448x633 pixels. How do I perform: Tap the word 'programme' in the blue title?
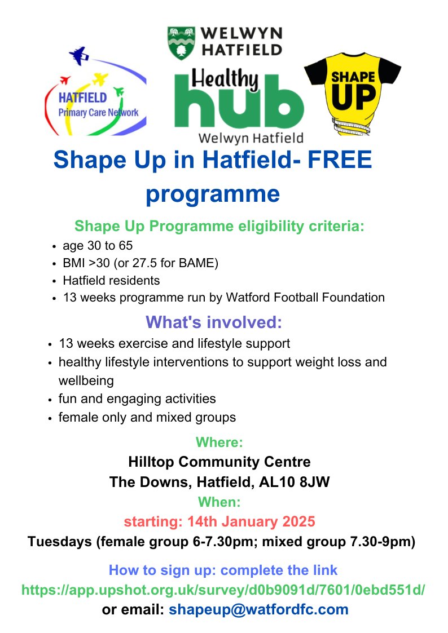[213, 193]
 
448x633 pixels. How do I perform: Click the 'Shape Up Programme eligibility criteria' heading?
[219, 227]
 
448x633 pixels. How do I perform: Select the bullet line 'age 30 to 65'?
[98, 246]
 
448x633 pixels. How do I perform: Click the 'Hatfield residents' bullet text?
[111, 280]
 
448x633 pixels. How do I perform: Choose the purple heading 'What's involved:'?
[213, 322]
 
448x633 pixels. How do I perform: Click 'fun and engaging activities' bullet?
[137, 399]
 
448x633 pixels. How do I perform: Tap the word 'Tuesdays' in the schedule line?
[59, 542]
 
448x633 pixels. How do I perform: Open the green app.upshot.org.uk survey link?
[223, 590]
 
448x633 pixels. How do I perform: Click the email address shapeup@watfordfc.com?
[258, 609]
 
